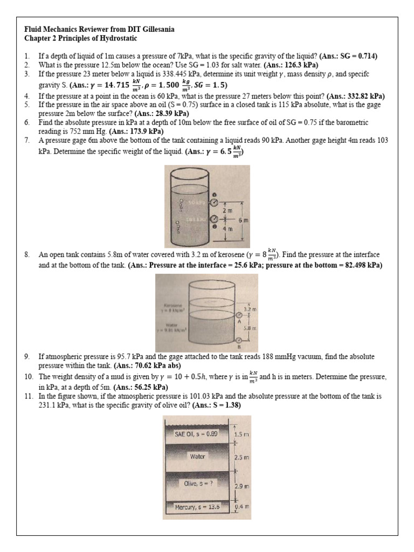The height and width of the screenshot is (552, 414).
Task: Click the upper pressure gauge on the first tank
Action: [x=215, y=203]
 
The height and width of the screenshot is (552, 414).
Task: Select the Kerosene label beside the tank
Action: [x=180, y=305]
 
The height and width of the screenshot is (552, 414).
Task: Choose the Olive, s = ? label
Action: [x=198, y=483]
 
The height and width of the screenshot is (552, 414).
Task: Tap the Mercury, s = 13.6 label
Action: [x=197, y=507]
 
